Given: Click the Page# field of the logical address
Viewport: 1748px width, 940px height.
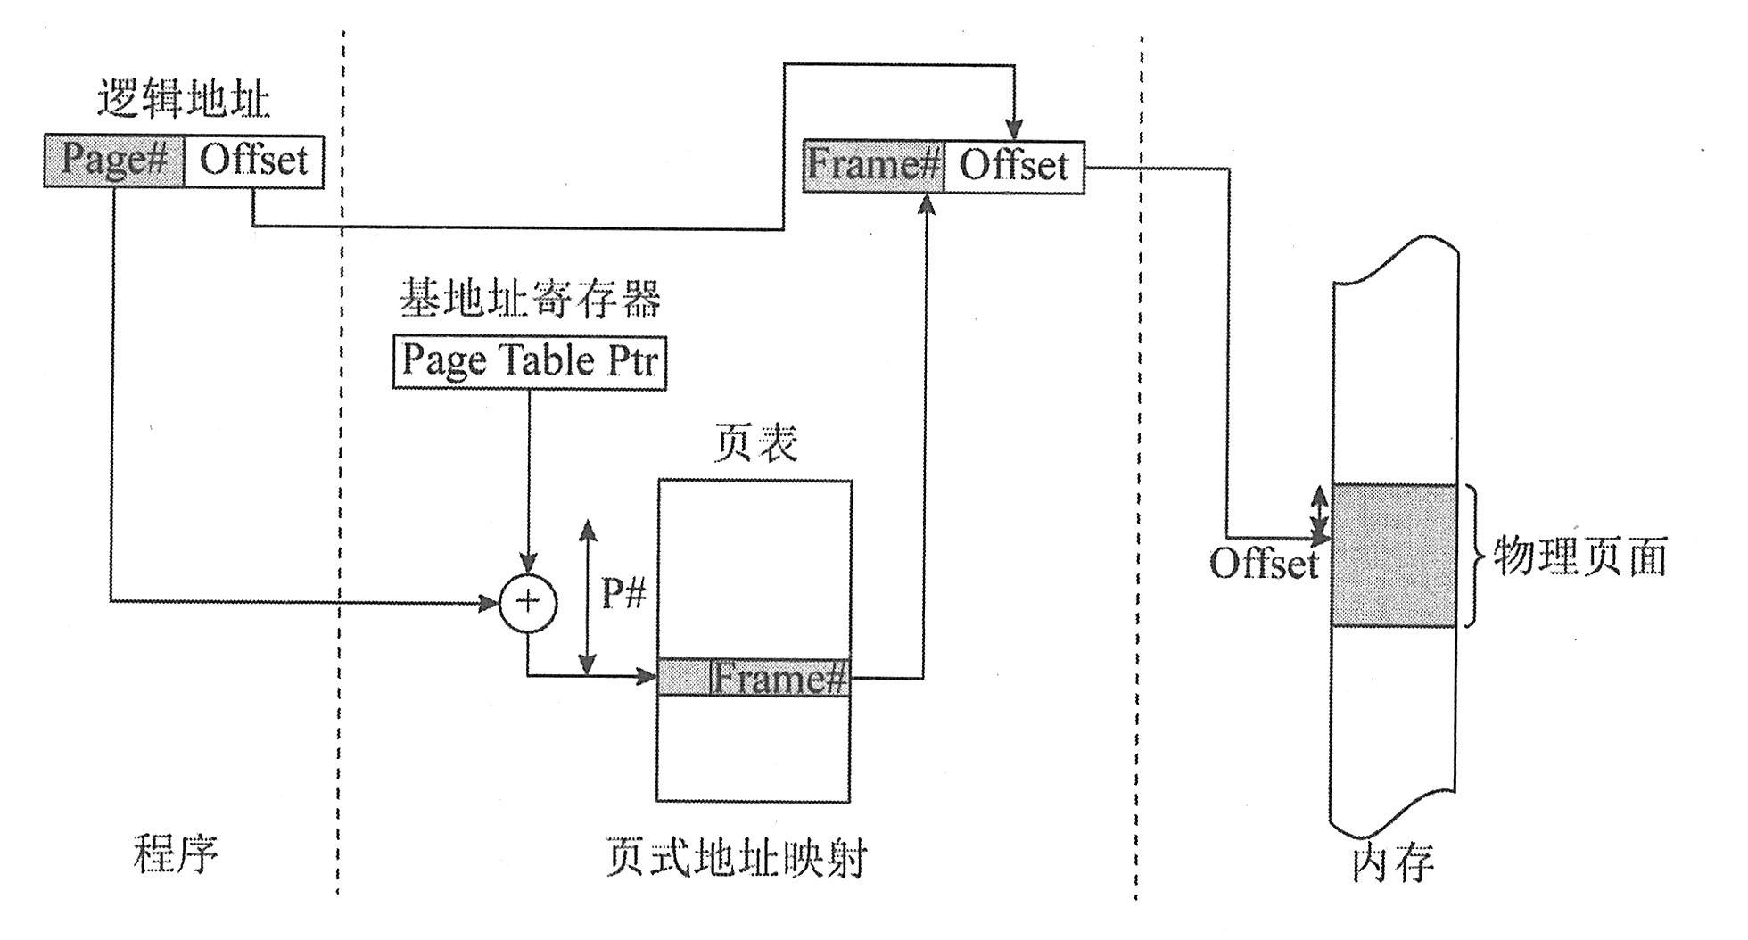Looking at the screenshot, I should tap(114, 161).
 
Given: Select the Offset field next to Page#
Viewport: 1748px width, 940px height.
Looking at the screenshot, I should tap(254, 161).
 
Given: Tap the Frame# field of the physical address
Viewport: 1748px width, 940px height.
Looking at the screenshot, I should tap(873, 166).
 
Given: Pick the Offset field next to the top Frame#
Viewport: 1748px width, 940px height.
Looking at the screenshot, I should tap(1014, 166).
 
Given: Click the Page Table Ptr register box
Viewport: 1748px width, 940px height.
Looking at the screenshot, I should tap(530, 361).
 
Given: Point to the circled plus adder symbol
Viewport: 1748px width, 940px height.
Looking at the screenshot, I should tap(528, 602).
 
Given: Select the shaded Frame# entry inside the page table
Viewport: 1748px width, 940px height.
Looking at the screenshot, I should tap(754, 679).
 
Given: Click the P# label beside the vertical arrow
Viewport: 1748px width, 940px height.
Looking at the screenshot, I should tap(623, 592).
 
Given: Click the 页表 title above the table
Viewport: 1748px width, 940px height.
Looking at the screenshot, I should tap(755, 443).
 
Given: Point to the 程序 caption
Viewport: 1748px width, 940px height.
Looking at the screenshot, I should tap(176, 853).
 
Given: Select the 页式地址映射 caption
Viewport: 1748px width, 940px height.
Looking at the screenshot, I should tap(736, 857).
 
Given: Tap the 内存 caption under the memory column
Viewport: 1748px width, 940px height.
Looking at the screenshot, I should tap(1392, 862).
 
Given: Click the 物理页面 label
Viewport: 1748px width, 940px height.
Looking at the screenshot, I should tap(1579, 557).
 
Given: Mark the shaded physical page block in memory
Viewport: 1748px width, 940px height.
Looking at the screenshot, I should tap(1395, 555).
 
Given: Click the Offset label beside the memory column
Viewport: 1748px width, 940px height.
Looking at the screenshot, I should tap(1263, 564).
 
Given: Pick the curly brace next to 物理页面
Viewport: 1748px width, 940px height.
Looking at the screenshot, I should tap(1476, 556).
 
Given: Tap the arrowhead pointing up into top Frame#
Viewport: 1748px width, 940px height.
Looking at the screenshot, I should tap(927, 205).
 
